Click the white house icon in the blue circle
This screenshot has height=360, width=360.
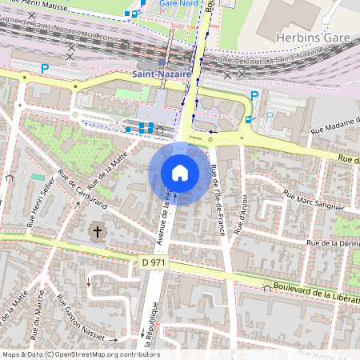point(180,172)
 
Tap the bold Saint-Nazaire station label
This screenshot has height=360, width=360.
point(161,74)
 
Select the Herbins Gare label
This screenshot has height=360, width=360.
point(308,38)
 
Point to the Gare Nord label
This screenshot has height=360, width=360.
point(179,3)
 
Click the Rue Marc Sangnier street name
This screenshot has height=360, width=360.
point(314,200)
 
